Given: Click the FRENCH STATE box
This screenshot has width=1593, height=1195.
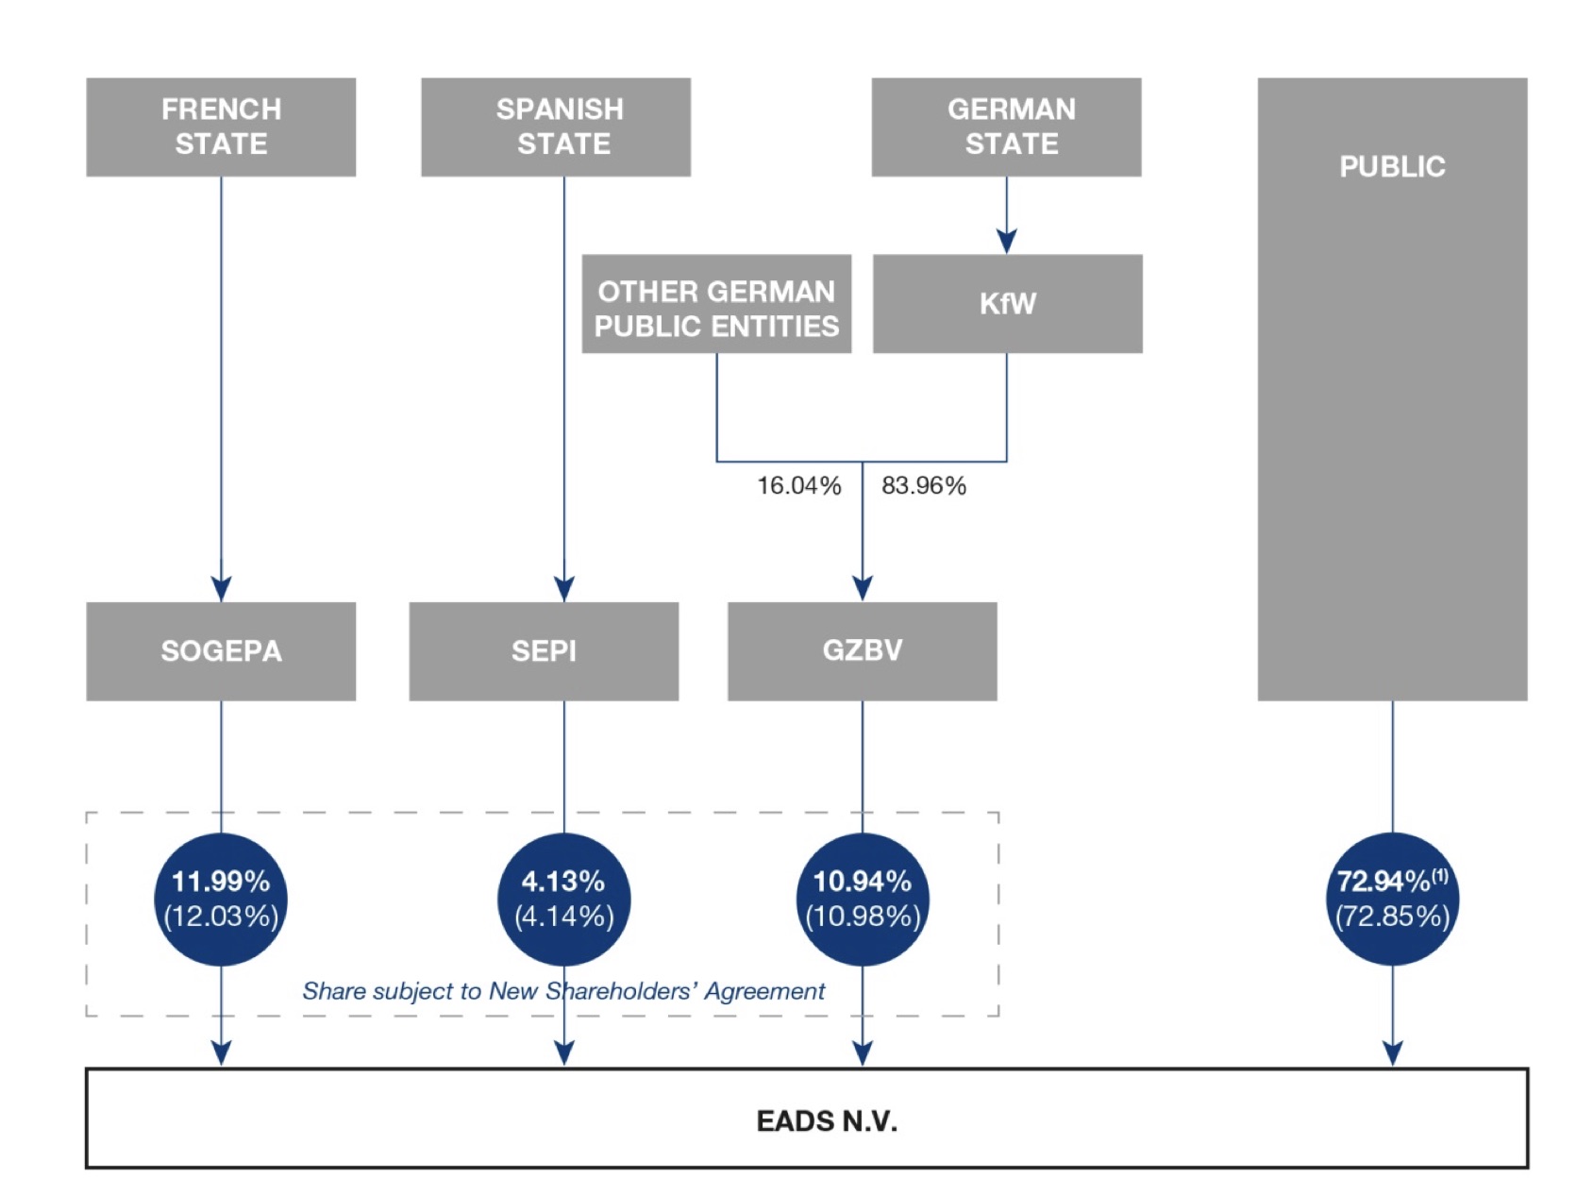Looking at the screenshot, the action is (x=221, y=127).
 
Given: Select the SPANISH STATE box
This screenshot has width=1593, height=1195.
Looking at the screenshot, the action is (x=556, y=127).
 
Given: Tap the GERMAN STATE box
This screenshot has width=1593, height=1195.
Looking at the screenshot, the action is (x=1006, y=127).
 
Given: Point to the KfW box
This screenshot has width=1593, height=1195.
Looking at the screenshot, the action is (x=1007, y=304).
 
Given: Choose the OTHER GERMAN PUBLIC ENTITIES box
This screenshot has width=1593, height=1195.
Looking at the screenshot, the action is (x=716, y=304).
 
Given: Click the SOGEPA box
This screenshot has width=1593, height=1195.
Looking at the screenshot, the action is (x=221, y=651).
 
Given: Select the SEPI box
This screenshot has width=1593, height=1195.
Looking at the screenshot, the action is (x=544, y=651).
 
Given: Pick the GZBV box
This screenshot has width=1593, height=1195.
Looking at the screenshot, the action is (x=862, y=651).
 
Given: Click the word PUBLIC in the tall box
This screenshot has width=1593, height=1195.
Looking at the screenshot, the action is (x=1392, y=167).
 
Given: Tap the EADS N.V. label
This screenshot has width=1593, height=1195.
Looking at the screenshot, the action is (x=827, y=1121).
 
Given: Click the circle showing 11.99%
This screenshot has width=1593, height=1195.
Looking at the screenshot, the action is (x=221, y=899).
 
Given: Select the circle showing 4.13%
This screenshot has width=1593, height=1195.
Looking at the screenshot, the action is (x=563, y=899).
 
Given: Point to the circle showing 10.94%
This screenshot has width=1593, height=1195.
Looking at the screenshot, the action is (x=863, y=899).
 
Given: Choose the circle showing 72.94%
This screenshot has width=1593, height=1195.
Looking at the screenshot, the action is (x=1392, y=899).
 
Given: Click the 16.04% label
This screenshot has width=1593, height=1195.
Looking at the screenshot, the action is (x=798, y=486).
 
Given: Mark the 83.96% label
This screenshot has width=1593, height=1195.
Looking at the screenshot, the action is (x=924, y=486).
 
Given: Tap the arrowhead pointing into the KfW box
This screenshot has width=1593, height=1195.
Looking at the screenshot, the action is (x=1006, y=241).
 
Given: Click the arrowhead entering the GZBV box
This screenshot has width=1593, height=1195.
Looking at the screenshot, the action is (x=862, y=588).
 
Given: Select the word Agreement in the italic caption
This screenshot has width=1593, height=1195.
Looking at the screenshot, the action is (x=764, y=991).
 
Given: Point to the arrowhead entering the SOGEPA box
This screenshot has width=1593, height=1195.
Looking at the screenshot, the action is (x=221, y=588).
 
